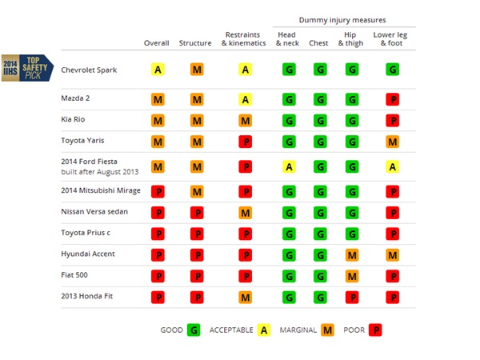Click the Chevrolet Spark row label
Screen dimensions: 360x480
[x=89, y=70]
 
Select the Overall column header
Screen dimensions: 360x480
[x=157, y=43]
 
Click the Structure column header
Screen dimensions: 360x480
[x=195, y=43]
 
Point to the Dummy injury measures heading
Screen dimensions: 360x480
[x=343, y=19]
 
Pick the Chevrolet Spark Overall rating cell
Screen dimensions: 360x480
[x=158, y=70]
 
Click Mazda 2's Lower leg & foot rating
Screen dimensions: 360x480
[x=392, y=100]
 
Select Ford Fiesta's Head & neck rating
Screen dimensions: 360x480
[x=287, y=166]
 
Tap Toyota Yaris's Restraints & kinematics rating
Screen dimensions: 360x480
[x=245, y=142]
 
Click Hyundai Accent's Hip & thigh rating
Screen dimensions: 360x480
[x=351, y=255]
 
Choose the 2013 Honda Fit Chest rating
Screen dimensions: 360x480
[x=319, y=297]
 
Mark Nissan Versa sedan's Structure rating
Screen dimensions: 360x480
[x=197, y=214]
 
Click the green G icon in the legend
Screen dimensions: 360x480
[x=192, y=330]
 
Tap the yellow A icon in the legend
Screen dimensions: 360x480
[x=264, y=330]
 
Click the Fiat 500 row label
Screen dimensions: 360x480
[x=74, y=275]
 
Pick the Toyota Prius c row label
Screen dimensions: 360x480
[x=86, y=234]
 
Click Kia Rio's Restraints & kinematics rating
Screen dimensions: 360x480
[x=245, y=121]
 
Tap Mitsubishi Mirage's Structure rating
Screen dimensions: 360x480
[x=197, y=192]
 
